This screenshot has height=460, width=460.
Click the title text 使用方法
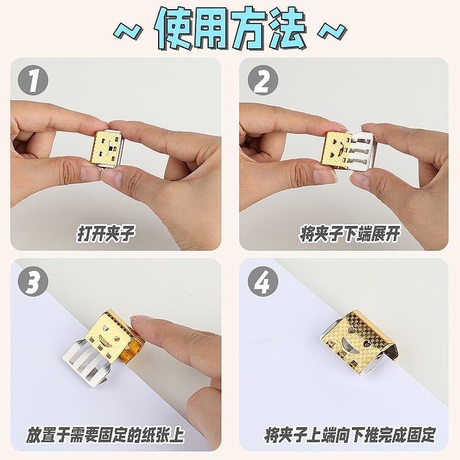[230, 29]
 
